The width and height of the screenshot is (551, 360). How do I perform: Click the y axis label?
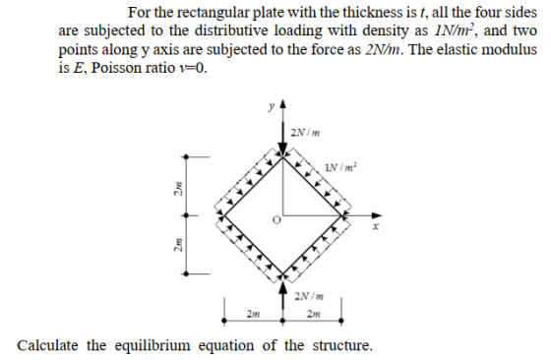tap(271, 106)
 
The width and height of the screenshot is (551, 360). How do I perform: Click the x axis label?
tap(376, 227)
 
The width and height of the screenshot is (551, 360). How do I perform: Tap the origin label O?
tap(276, 220)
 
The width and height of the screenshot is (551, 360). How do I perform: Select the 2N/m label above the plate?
tap(305, 133)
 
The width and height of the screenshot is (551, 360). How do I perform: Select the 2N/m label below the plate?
tap(309, 296)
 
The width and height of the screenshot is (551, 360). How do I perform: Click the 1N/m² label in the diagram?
tap(340, 167)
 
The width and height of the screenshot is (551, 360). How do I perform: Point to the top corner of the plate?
tap(283, 157)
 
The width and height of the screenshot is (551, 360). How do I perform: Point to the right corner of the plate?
tap(341, 215)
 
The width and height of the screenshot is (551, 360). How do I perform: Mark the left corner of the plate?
tap(224, 215)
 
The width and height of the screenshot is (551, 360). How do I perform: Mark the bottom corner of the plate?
tap(283, 273)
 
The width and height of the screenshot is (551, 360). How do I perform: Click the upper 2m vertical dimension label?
tap(178, 188)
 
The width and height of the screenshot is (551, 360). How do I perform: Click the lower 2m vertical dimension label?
tap(178, 245)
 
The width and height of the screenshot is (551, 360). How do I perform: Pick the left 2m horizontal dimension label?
tap(254, 313)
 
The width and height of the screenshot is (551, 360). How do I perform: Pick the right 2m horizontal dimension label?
tap(314, 314)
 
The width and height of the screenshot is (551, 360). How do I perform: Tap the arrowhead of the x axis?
tap(378, 215)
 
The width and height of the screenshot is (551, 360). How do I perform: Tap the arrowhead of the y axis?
tap(283, 104)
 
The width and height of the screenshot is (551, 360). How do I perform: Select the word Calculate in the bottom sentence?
tap(48, 345)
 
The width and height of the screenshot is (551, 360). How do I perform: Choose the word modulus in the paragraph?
tap(509, 49)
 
